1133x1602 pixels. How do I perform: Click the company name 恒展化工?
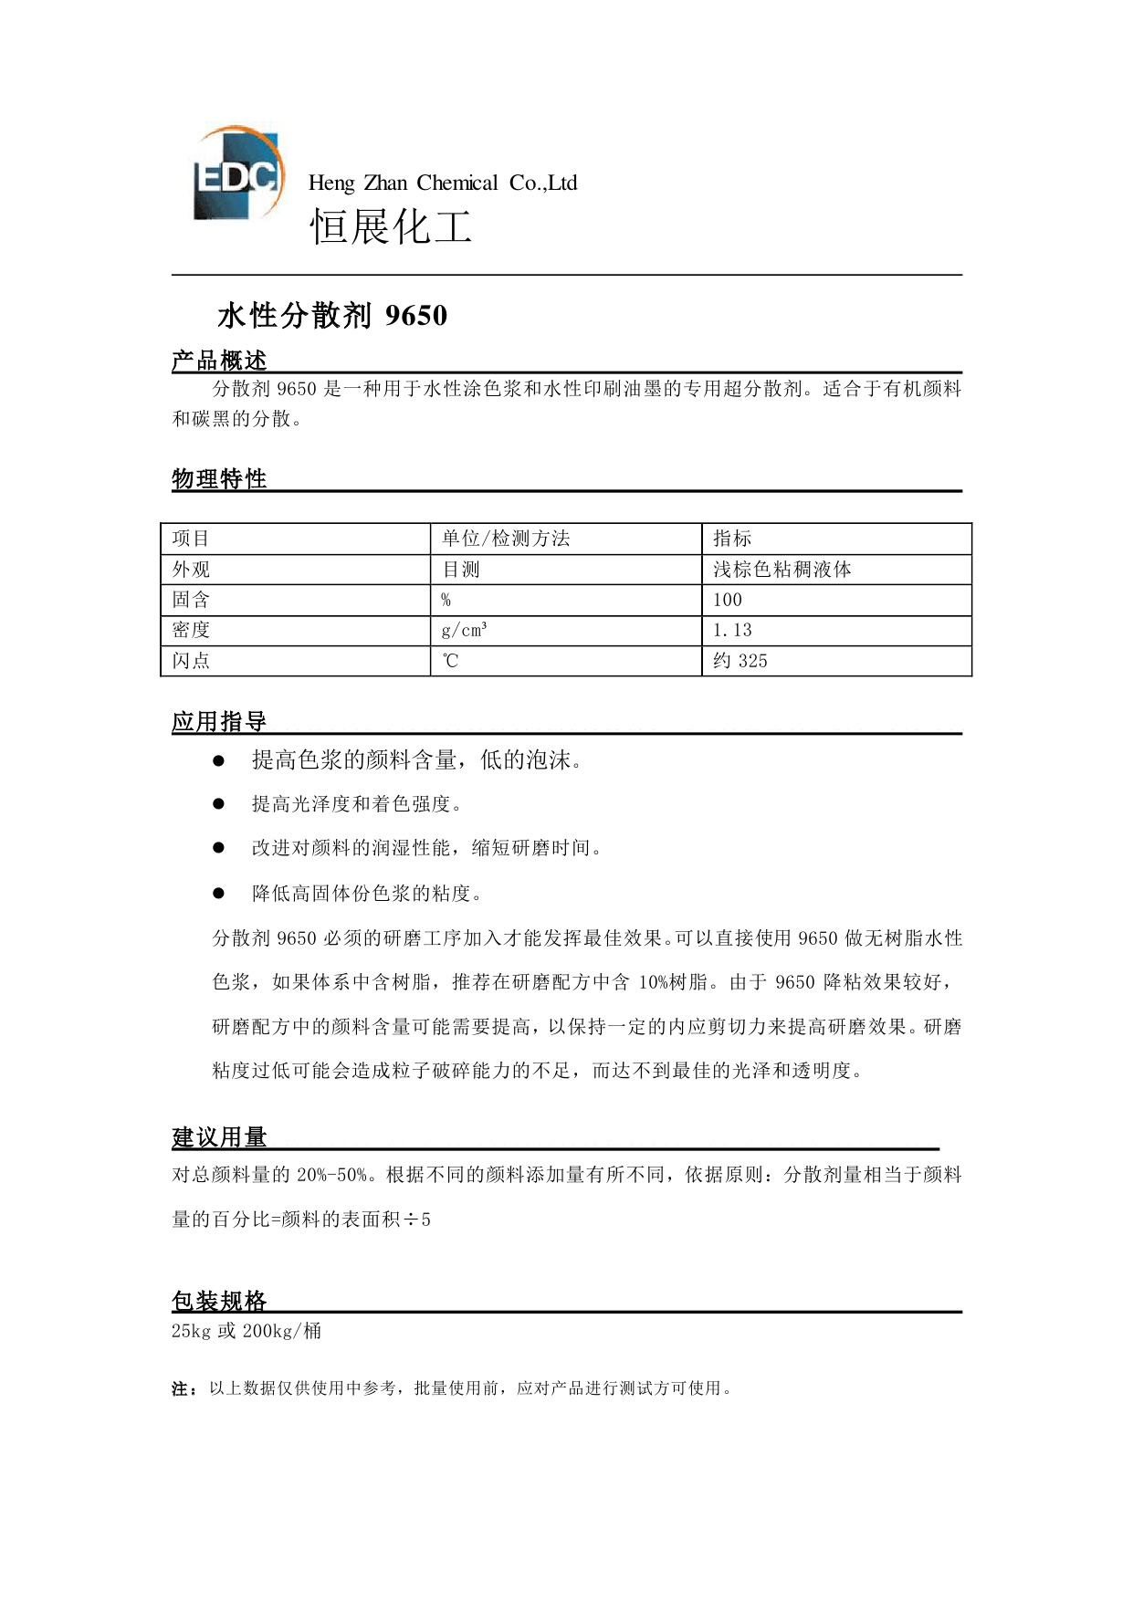tap(391, 226)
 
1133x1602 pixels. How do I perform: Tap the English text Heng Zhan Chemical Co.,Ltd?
tap(443, 183)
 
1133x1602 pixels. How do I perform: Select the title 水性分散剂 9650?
tap(332, 316)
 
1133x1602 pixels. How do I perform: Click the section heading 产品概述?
tap(219, 361)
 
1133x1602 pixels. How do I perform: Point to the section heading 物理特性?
tap(219, 479)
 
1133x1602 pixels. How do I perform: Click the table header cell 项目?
tap(191, 539)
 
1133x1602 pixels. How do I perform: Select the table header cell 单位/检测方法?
tap(506, 539)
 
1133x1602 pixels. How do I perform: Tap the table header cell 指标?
tap(732, 539)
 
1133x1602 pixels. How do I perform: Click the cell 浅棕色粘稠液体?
tap(782, 570)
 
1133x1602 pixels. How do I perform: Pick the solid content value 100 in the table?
tap(728, 600)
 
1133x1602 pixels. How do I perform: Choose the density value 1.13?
tap(732, 630)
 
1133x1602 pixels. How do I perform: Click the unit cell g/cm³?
tap(464, 630)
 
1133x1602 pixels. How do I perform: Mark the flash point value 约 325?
tap(740, 661)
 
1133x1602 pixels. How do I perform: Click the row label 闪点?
tap(191, 661)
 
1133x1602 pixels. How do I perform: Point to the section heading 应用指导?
tap(219, 722)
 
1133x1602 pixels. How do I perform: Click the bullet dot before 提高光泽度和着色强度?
tap(218, 804)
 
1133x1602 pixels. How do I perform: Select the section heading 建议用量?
tap(219, 1137)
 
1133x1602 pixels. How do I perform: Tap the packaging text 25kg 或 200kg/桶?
tap(247, 1331)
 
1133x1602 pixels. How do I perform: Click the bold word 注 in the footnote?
tap(180, 1389)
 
